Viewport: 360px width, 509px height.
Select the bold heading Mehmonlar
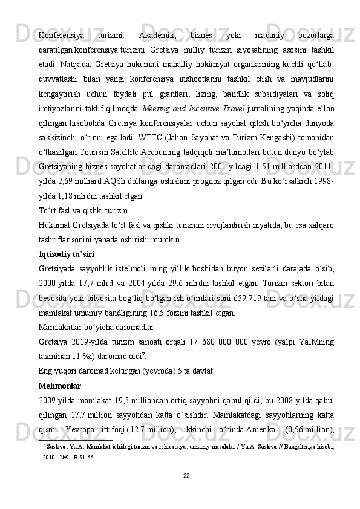pos(59,385)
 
